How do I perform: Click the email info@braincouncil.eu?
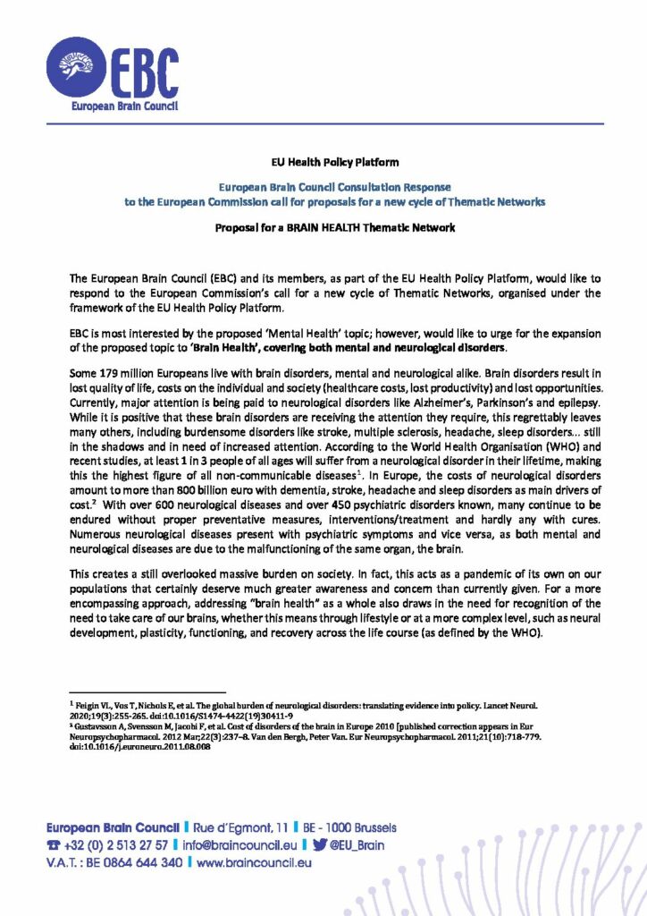point(238,845)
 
